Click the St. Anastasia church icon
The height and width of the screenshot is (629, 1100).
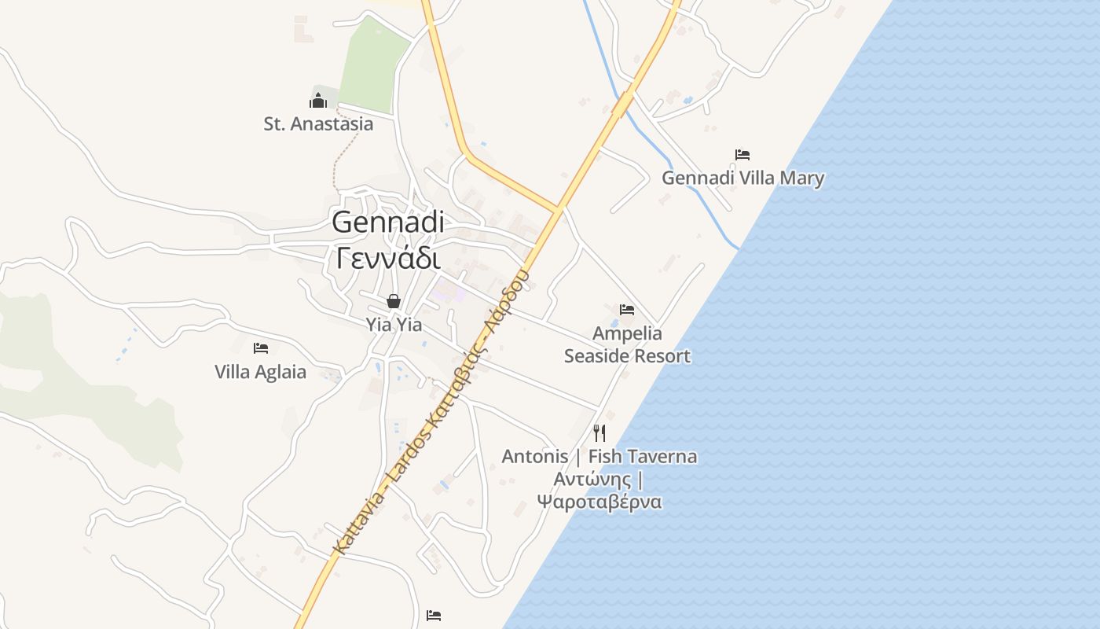click(x=317, y=100)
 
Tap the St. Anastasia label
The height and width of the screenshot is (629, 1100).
click(x=318, y=123)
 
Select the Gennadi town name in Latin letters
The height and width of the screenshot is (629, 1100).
click(x=387, y=222)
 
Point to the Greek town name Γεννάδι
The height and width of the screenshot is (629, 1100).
click(x=387, y=257)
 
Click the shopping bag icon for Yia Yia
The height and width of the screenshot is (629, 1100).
click(x=393, y=301)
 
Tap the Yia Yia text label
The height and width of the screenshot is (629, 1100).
click(x=394, y=324)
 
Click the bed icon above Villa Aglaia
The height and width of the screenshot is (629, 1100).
click(x=261, y=348)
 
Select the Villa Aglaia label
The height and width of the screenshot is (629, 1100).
click(x=260, y=372)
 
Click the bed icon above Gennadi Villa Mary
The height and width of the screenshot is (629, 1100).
click(x=742, y=155)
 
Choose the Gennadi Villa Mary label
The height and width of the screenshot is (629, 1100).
click(x=742, y=178)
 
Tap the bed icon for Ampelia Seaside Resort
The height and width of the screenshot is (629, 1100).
click(x=627, y=310)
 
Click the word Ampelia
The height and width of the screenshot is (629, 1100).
click(x=627, y=333)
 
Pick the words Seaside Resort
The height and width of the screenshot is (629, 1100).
click(x=627, y=355)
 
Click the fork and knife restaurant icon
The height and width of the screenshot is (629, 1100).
click(x=599, y=432)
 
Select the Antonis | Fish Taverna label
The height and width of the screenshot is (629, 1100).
click(x=599, y=456)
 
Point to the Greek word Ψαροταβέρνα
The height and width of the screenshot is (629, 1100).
click(x=599, y=502)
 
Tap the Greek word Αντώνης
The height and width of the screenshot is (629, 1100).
click(x=593, y=479)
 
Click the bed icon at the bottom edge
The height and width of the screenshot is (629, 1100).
click(x=434, y=615)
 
